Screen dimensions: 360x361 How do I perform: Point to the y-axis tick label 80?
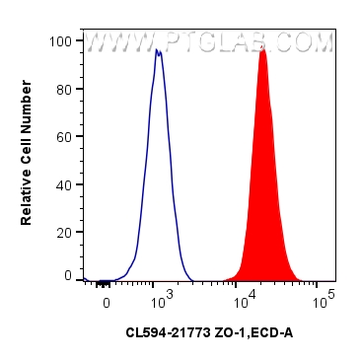coord(65,89)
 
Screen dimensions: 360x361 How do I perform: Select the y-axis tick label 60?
coord(65,136)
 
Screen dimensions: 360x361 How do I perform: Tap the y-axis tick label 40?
coord(65,183)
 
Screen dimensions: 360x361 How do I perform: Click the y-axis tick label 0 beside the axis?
coord(68,277)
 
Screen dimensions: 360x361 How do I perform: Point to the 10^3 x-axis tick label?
coord(162,294)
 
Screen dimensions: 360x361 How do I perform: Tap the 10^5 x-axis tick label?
coord(325,294)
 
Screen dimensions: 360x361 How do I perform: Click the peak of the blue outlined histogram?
coord(158,49)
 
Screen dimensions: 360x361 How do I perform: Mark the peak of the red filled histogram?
coord(262,49)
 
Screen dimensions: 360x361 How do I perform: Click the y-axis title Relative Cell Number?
coord(27,159)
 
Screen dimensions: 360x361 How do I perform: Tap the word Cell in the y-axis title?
coord(27,155)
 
